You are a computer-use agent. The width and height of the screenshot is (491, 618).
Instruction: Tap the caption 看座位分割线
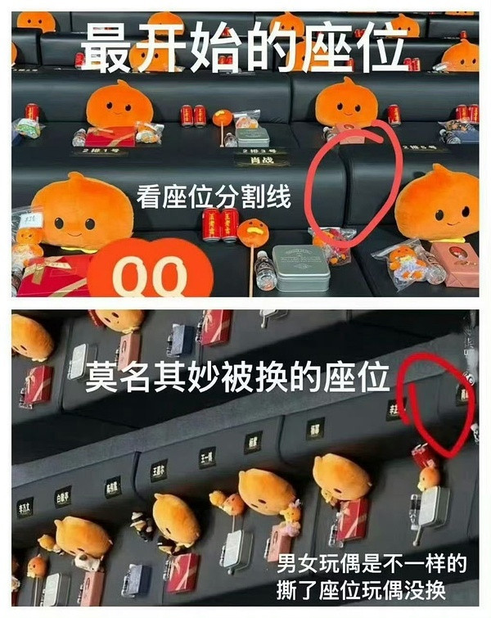(214, 197)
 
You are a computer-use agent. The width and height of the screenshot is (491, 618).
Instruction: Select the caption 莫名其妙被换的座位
(236, 378)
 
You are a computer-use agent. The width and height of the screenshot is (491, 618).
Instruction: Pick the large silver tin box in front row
(300, 267)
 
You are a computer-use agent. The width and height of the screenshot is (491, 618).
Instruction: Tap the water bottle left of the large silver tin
(265, 271)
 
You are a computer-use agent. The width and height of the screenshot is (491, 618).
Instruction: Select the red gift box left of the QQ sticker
(53, 275)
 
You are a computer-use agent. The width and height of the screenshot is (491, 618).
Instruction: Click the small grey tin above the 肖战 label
(251, 136)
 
